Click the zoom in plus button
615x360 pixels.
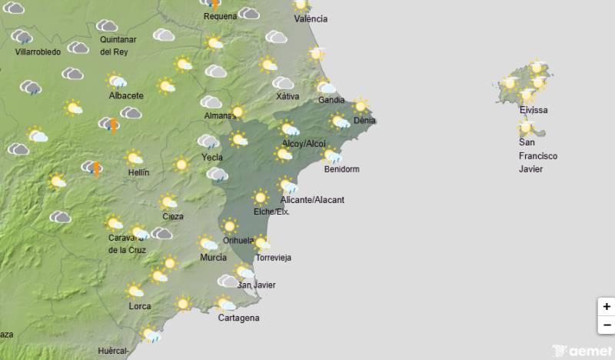tap(607, 307)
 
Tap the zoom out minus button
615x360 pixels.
tap(607, 325)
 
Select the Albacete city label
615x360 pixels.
tap(126, 95)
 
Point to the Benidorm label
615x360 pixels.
tap(342, 169)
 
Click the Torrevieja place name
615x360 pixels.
tap(274, 258)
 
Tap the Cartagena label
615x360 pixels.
tap(238, 318)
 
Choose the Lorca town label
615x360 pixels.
tap(140, 306)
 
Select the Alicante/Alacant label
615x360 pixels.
tap(313, 200)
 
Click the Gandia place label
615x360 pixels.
tap(331, 101)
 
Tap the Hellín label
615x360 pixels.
tap(138, 173)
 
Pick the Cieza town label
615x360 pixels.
tap(173, 216)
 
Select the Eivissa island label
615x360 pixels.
tap(534, 110)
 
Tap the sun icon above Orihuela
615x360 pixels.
tap(229, 226)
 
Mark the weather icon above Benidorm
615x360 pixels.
tap(332, 156)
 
